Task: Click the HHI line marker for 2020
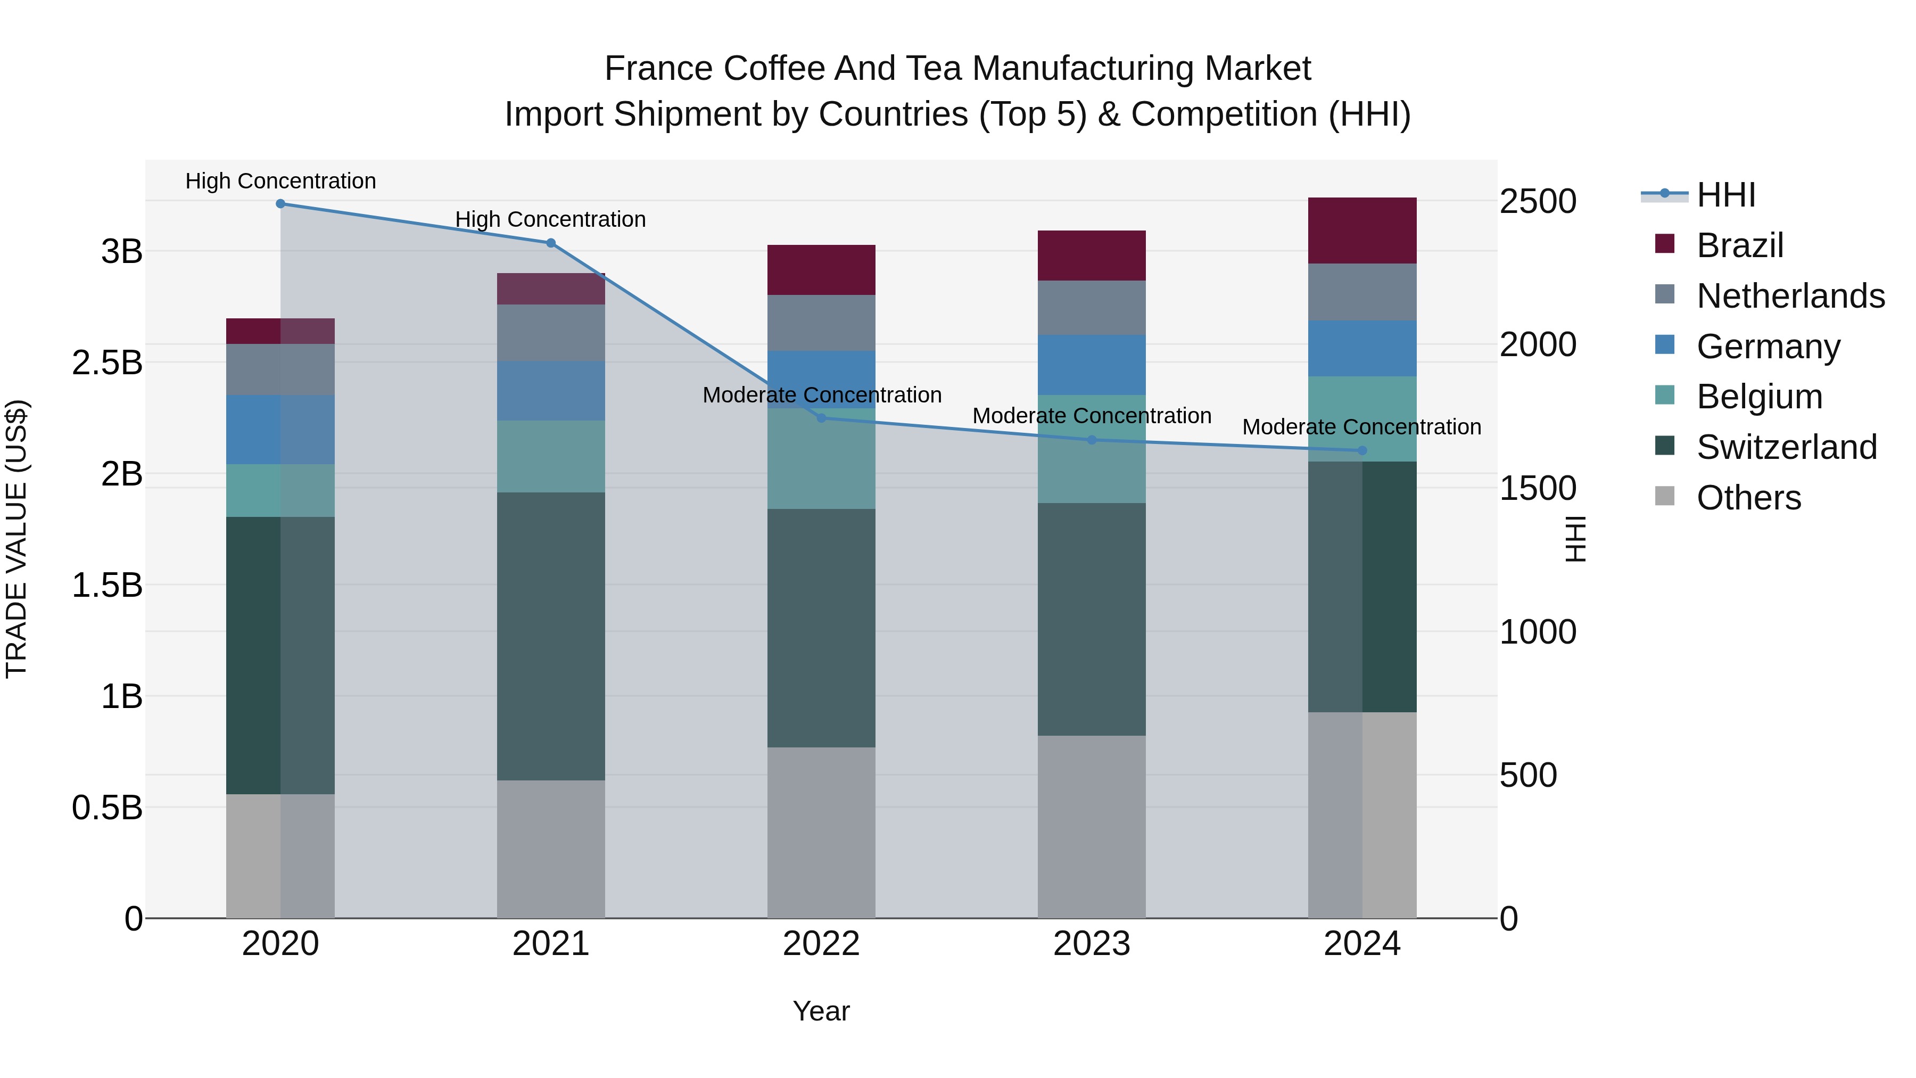(280, 204)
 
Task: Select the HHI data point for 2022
(821, 418)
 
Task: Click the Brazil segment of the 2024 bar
(1362, 231)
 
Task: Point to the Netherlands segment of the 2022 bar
(821, 323)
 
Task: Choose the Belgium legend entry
(1759, 397)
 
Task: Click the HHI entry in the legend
(1725, 195)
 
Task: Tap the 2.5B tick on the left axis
(107, 363)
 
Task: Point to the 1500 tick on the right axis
(1538, 488)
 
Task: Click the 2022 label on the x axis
(821, 944)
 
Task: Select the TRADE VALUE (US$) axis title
(16, 539)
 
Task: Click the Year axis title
(821, 1011)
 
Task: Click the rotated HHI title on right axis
(1575, 539)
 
